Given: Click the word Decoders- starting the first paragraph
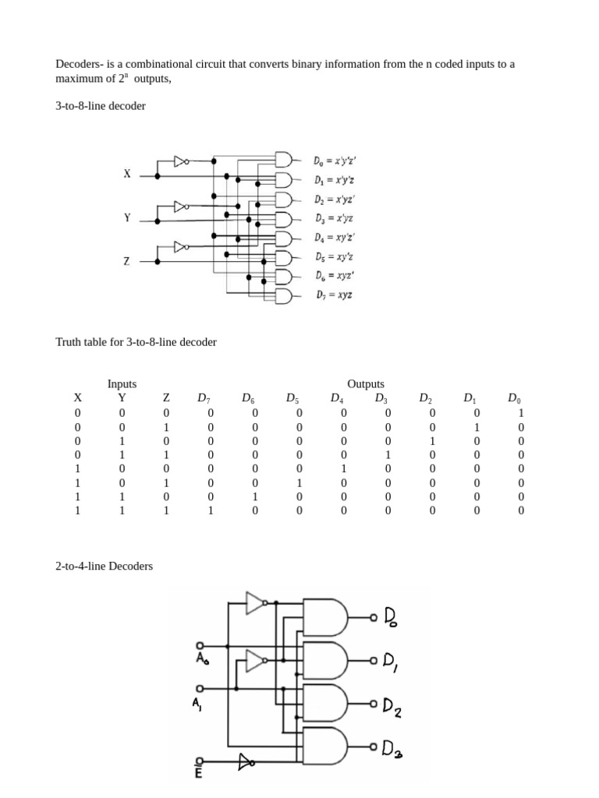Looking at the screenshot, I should click(81, 64).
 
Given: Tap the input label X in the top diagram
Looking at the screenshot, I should click(126, 175).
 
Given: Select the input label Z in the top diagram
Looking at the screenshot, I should click(126, 262).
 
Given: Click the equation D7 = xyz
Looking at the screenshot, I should click(333, 295).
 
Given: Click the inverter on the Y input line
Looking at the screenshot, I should click(181, 207).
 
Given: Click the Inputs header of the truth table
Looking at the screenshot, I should click(122, 383).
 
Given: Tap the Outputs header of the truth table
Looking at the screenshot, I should click(366, 383).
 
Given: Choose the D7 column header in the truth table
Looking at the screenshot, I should click(204, 398).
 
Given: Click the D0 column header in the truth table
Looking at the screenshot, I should click(514, 398).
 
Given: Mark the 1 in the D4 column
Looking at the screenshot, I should click(343, 469).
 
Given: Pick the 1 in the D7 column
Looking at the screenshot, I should click(211, 511).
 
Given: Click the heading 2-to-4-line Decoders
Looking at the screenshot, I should click(104, 566).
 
